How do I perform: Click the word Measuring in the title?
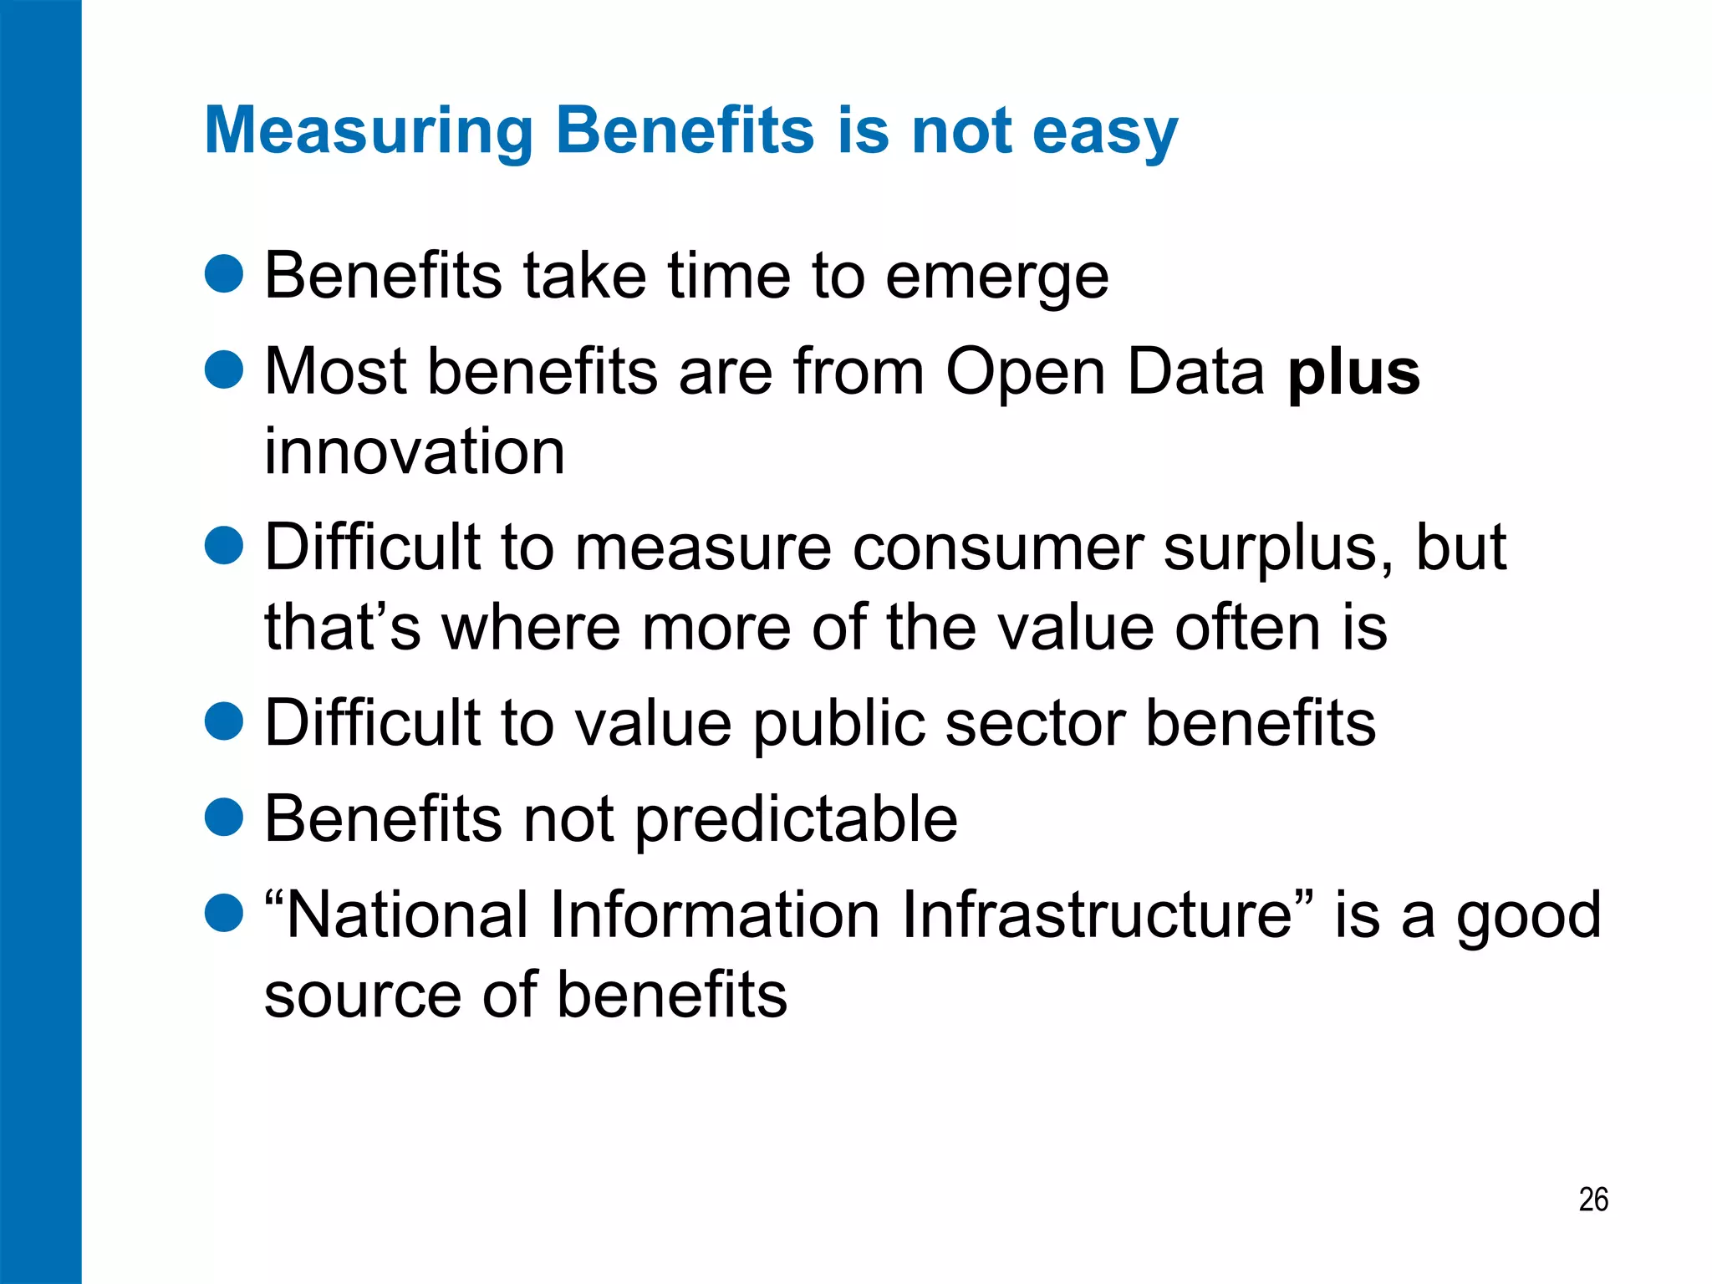[369, 131]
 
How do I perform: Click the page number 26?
[1593, 1200]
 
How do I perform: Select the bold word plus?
[1353, 374]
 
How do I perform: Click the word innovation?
[415, 452]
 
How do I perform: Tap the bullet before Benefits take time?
[224, 274]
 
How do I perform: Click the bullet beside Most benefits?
[224, 370]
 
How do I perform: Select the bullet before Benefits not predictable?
[224, 817]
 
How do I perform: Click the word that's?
[343, 627]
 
